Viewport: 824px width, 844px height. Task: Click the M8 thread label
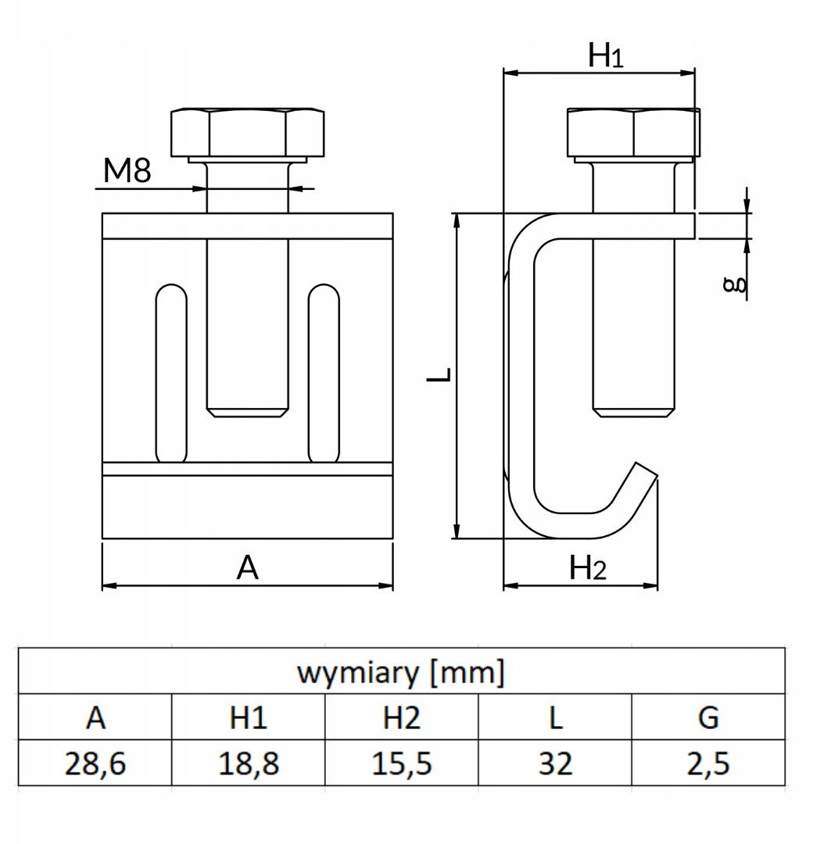127,171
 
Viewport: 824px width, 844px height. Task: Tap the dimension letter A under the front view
247,567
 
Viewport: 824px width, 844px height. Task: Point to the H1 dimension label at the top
605,55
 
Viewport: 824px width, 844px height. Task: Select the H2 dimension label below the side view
588,567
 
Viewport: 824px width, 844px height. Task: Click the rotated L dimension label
439,374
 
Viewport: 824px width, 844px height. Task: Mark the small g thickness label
735,284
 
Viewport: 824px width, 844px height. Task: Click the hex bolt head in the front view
248,132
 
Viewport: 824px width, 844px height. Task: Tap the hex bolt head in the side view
633,132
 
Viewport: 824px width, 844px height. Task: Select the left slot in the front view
171,373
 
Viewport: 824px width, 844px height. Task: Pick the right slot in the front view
324,373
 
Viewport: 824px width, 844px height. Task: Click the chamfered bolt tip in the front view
247,412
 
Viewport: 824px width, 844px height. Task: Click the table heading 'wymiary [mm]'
401,672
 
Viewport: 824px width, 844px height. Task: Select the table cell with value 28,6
95,764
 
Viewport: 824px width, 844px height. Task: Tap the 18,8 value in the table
249,764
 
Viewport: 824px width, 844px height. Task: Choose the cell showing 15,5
401,764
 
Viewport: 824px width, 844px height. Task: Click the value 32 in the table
555,764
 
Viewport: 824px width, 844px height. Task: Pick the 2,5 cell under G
708,764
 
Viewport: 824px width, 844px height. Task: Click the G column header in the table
708,717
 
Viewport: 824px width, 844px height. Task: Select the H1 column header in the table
249,717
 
